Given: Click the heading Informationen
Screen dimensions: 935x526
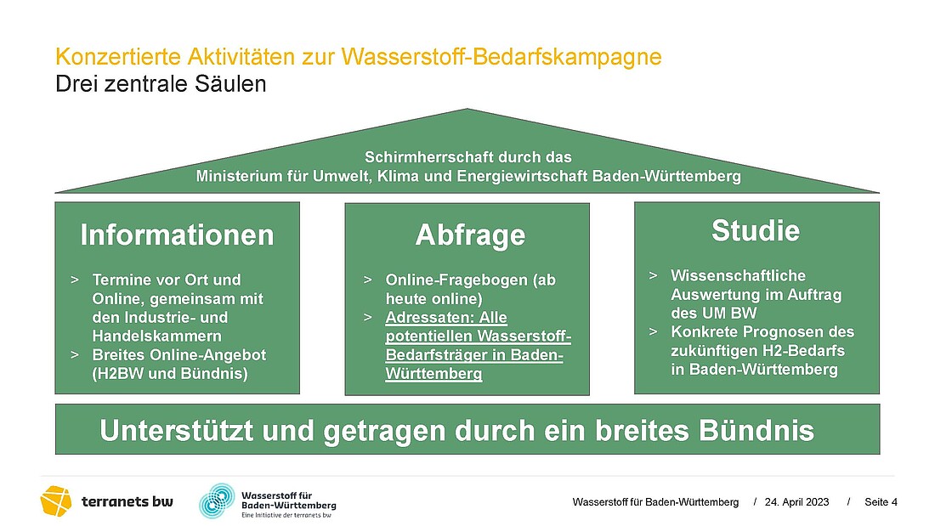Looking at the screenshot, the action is pos(177,235).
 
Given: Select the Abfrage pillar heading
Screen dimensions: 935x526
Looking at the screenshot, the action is pos(471,235).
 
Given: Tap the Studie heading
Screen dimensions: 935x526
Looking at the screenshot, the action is pos(756,230).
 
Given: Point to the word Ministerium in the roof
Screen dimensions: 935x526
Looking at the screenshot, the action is pos(235,176).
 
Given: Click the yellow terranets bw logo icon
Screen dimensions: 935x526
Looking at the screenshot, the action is pos(56,501).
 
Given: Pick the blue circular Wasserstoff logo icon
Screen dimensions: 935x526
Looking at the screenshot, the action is pos(217,501).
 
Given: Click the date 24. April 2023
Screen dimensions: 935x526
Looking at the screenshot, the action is pos(796,502).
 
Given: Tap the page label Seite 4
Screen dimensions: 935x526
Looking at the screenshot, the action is pos(881,502).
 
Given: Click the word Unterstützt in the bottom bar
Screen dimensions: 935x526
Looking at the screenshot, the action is pos(177,431).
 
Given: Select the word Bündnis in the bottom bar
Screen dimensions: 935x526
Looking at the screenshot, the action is pos(756,431).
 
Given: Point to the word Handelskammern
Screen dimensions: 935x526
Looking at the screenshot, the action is pos(157,336).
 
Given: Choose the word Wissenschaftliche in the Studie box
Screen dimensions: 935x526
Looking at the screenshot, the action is pos(738,275).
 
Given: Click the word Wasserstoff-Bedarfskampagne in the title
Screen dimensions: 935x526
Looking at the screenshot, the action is pos(501,57).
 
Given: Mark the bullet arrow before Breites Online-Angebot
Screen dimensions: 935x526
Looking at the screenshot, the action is pos(75,355).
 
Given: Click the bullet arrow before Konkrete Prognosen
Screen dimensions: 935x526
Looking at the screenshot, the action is pos(654,331).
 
